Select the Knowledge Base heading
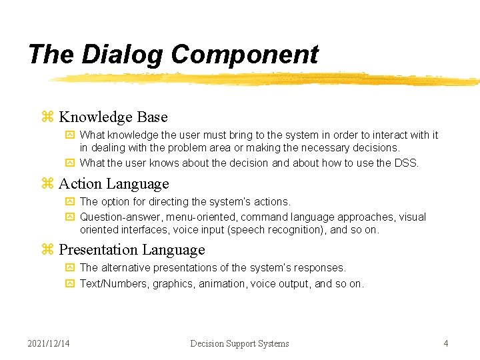click(113, 117)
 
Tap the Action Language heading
click(113, 183)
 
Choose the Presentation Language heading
click(131, 250)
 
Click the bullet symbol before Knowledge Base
click(47, 117)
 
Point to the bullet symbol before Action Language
click(47, 183)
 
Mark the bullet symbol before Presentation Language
click(47, 250)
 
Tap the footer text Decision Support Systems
click(239, 343)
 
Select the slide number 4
click(446, 343)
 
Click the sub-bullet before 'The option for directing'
click(70, 201)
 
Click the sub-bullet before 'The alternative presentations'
click(70, 268)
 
